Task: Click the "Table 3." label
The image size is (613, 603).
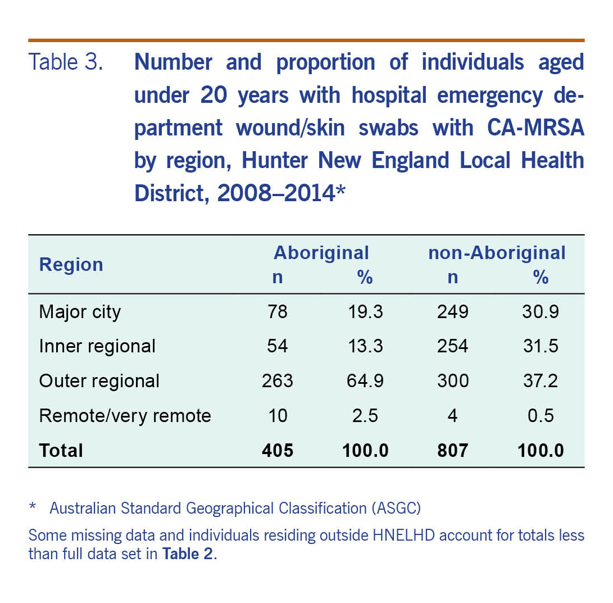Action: tap(66, 62)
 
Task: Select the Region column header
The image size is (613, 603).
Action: tap(71, 265)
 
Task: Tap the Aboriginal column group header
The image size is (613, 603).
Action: tap(321, 253)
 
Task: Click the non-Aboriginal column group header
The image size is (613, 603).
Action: tap(497, 253)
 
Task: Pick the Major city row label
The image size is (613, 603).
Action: tap(80, 312)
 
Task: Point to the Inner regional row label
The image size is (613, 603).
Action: tap(97, 346)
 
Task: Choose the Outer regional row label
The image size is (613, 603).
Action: tap(99, 381)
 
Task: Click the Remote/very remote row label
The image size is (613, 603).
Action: tap(125, 416)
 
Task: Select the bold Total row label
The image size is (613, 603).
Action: tap(61, 450)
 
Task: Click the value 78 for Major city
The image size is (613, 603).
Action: tap(277, 312)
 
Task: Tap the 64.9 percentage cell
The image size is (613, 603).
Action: tap(365, 381)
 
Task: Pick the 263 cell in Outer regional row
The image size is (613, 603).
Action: tap(277, 381)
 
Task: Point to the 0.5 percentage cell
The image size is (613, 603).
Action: tap(541, 416)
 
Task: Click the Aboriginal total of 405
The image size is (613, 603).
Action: tap(277, 450)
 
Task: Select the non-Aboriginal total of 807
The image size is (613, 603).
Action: tap(452, 450)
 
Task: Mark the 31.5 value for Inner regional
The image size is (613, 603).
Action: tap(541, 346)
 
